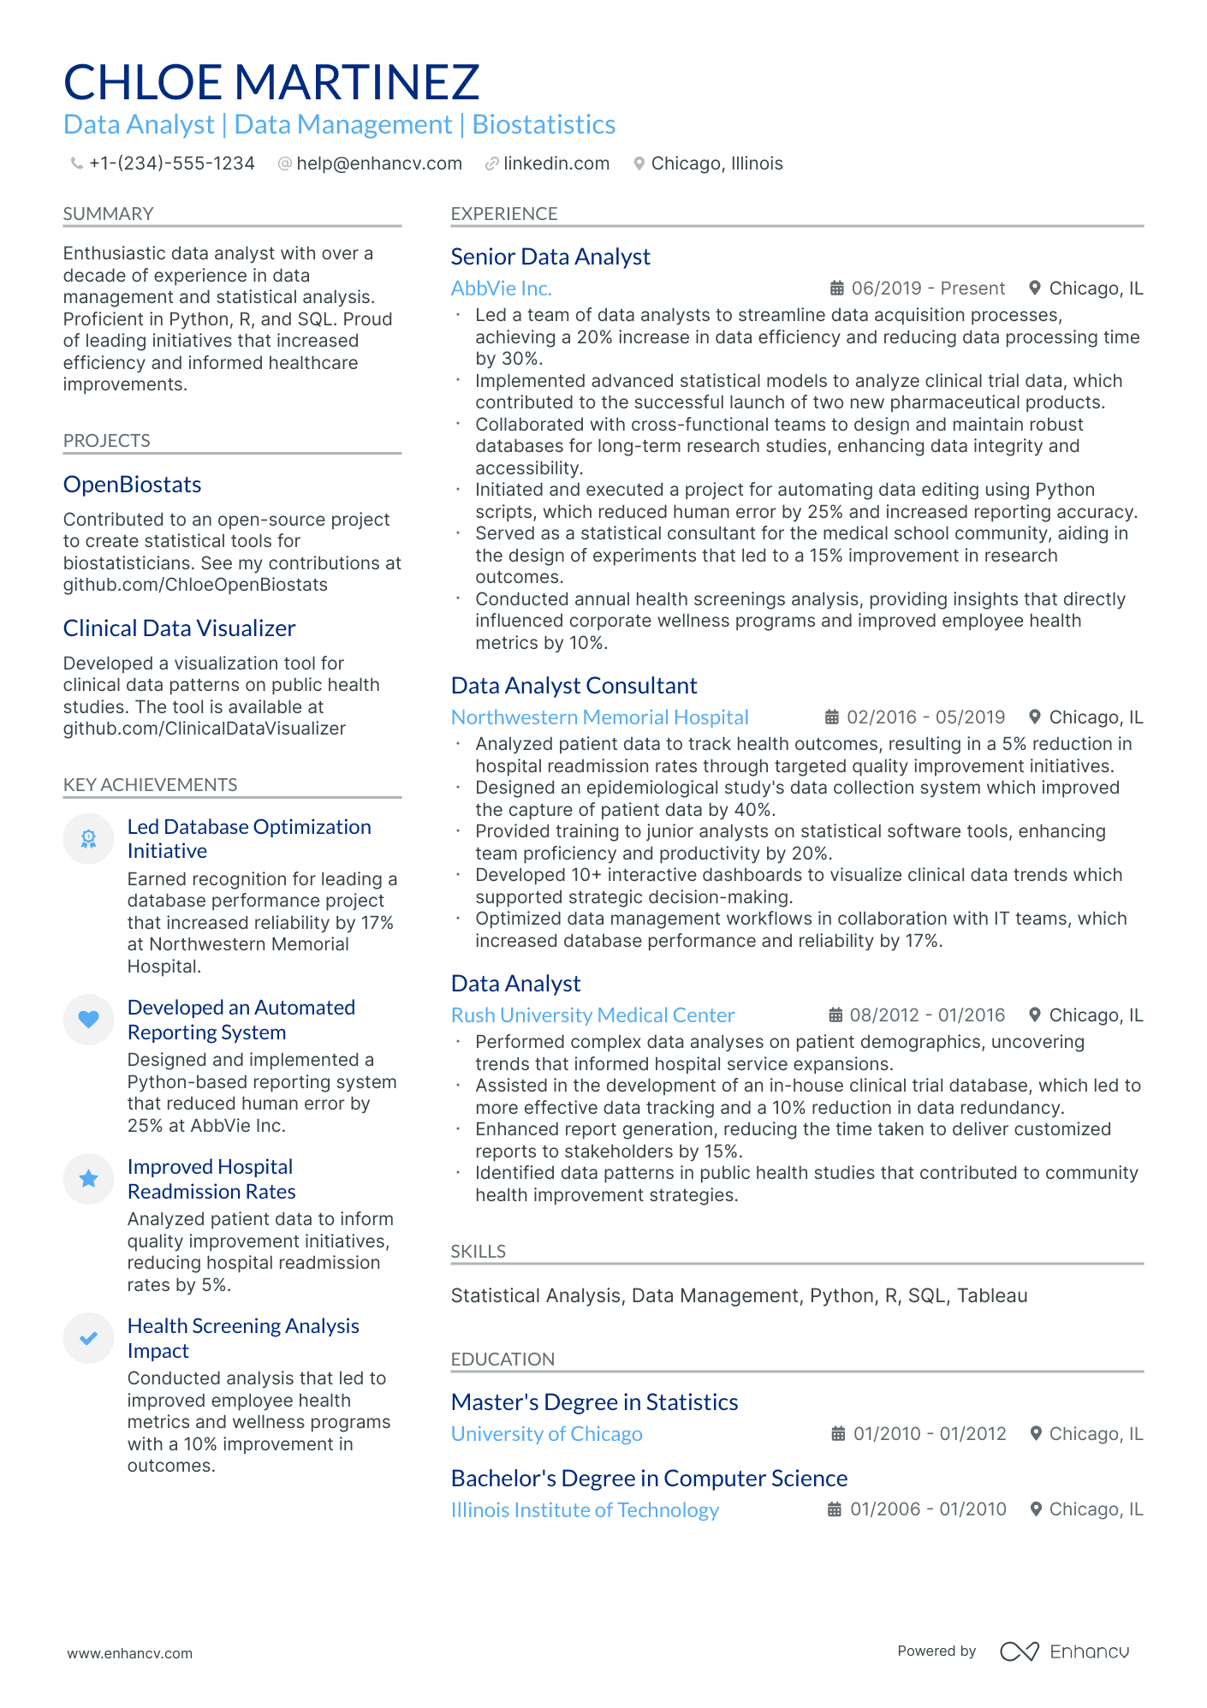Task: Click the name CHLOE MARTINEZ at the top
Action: click(x=271, y=82)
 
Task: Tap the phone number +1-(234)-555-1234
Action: click(x=171, y=164)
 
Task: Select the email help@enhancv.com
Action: click(x=378, y=164)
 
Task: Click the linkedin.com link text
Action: click(x=556, y=164)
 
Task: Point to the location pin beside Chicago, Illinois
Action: click(x=639, y=164)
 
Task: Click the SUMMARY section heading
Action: click(x=108, y=214)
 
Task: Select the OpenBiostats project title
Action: click(x=133, y=485)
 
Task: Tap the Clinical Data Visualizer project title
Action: click(x=179, y=628)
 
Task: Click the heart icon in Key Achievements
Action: click(x=88, y=1019)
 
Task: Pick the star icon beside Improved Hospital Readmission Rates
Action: click(x=88, y=1179)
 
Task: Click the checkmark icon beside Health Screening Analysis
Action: click(x=88, y=1338)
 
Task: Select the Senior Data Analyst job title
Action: click(x=550, y=257)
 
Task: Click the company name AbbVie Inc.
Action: click(x=501, y=289)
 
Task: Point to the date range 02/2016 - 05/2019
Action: click(x=925, y=717)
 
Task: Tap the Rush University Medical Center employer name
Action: click(x=592, y=1015)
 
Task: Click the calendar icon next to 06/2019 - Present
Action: click(x=837, y=289)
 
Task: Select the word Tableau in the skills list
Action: click(x=992, y=1295)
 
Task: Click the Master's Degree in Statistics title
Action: click(x=594, y=1402)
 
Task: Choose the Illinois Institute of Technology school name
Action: click(x=585, y=1510)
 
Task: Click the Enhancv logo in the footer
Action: click(x=1065, y=1651)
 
